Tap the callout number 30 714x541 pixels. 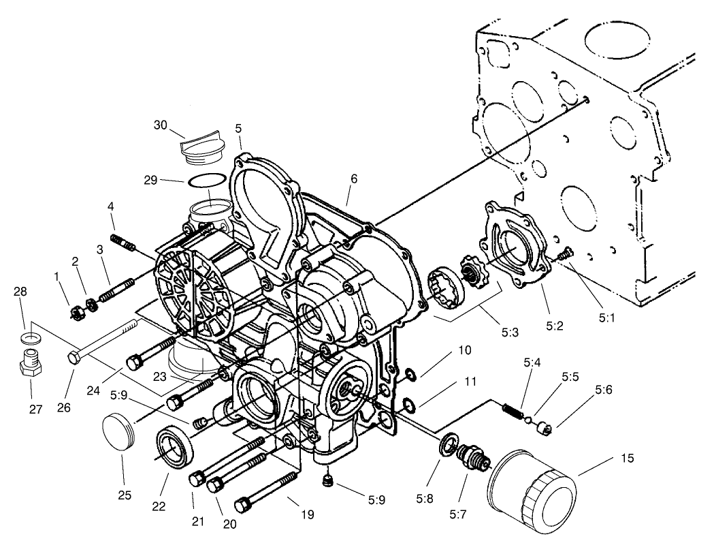pyautogui.click(x=160, y=125)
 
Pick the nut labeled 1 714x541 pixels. pyautogui.click(x=77, y=312)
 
